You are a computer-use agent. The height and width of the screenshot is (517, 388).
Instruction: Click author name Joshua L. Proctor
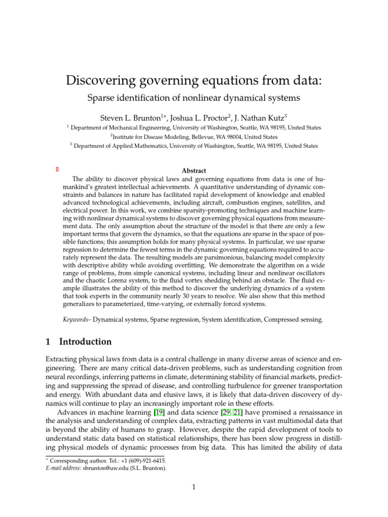click(x=205, y=118)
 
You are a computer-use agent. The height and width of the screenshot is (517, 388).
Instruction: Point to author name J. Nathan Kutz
click(x=267, y=118)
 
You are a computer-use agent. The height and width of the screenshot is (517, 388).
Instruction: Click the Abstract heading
click(x=193, y=171)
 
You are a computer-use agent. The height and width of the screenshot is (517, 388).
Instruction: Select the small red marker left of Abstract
click(x=58, y=169)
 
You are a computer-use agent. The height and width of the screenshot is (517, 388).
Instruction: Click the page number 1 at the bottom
click(x=193, y=487)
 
